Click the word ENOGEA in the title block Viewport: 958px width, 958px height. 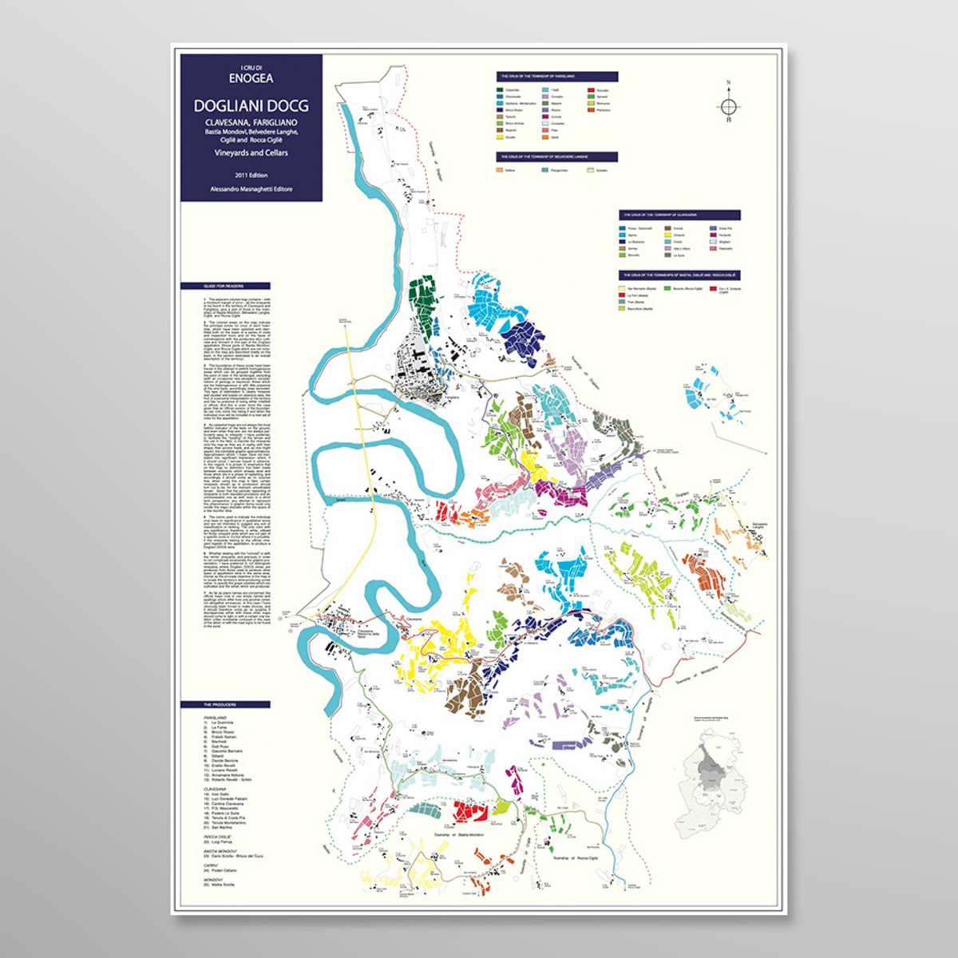pos(251,78)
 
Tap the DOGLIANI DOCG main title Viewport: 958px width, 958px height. pos(251,106)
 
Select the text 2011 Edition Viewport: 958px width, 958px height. pos(251,175)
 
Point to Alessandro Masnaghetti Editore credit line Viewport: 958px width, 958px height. pos(251,189)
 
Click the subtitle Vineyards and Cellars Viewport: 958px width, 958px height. pos(251,152)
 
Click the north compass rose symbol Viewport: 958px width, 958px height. pos(728,105)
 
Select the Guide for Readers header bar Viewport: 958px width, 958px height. pos(225,286)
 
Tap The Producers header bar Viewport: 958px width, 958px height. pos(225,705)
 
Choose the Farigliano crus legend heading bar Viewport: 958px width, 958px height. pos(556,77)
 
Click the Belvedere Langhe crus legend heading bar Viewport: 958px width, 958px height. pos(556,157)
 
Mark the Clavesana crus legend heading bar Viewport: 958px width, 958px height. pos(679,215)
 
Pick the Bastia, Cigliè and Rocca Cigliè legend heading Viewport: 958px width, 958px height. pos(679,275)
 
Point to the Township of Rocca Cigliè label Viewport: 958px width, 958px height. pos(574,857)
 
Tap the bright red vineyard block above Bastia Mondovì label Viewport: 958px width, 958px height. pos(470,813)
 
